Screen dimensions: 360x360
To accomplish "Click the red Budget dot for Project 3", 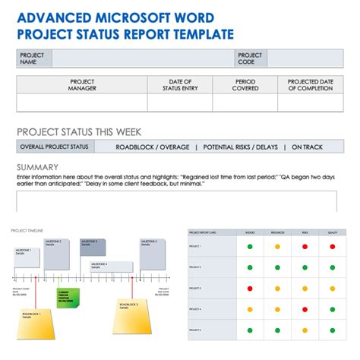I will (x=249, y=289).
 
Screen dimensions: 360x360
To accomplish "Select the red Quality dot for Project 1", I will (x=332, y=246).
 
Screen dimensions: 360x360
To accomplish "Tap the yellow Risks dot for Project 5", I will (x=305, y=330).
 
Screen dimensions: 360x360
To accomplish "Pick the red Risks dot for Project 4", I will (x=305, y=309).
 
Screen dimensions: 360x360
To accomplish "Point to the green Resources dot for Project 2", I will (x=277, y=267).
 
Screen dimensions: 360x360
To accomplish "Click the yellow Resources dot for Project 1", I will (x=277, y=246).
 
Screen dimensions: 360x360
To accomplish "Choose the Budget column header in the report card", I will (x=249, y=232).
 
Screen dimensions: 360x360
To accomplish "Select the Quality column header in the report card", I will (x=332, y=232).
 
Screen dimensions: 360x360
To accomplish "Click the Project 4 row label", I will (x=195, y=309).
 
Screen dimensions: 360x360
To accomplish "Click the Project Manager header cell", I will (x=82, y=85).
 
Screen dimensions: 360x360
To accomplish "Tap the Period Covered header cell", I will (x=244, y=85).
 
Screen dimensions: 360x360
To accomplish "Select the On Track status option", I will (x=307, y=147).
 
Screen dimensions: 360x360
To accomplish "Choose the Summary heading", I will (x=37, y=167).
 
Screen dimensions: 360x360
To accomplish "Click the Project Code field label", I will (x=250, y=58).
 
